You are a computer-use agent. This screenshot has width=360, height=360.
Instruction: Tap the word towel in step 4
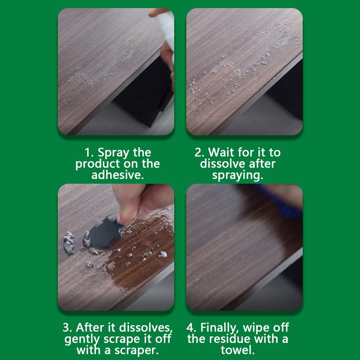pyautogui.click(x=244, y=349)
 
